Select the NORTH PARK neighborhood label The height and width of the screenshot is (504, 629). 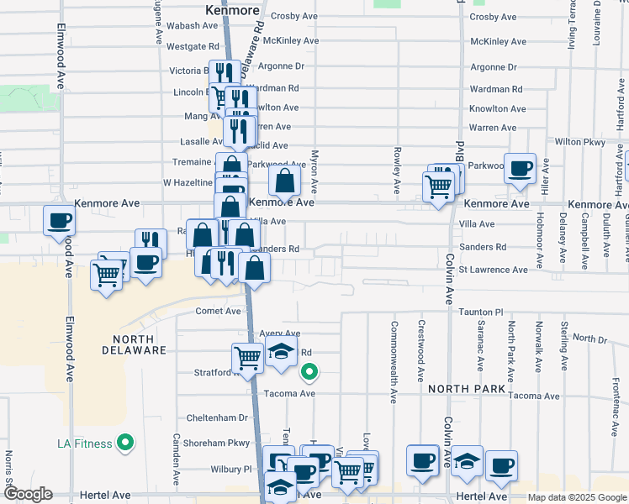pos(467,388)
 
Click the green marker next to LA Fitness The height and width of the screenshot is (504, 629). pos(126,441)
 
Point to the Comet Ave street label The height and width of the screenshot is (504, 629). pos(218,311)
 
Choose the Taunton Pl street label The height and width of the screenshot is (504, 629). pos(480,312)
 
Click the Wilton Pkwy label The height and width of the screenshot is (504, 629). pos(580,142)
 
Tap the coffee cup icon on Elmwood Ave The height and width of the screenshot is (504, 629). pos(60,221)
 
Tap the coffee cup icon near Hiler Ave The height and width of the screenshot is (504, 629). pos(520,167)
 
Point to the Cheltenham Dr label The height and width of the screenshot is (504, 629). pos(218,417)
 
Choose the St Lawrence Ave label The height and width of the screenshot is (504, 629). pos(493,270)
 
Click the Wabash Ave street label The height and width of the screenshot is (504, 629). pos(193,26)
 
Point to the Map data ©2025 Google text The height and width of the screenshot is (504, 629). pos(576,497)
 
